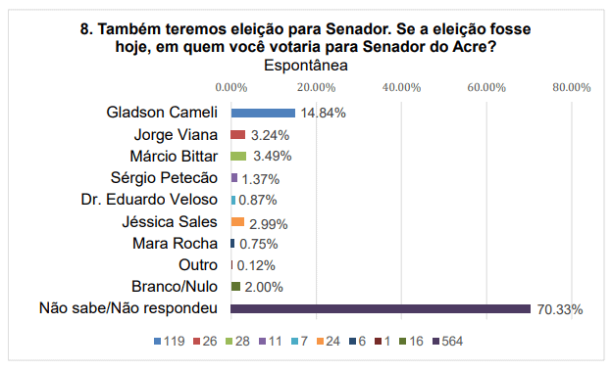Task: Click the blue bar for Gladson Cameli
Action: [x=263, y=113]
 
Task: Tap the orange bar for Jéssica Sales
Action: [x=236, y=221]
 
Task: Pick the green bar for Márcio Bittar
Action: [x=238, y=156]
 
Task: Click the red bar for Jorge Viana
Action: [x=237, y=134]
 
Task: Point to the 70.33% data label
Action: [x=560, y=309]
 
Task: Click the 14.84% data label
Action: [x=324, y=113]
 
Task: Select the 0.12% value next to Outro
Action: [x=256, y=265]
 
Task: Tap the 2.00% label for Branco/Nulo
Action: [x=264, y=287]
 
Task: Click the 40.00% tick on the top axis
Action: [x=400, y=87]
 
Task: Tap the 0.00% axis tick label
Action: [x=230, y=87]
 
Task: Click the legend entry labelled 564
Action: [x=446, y=342]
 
